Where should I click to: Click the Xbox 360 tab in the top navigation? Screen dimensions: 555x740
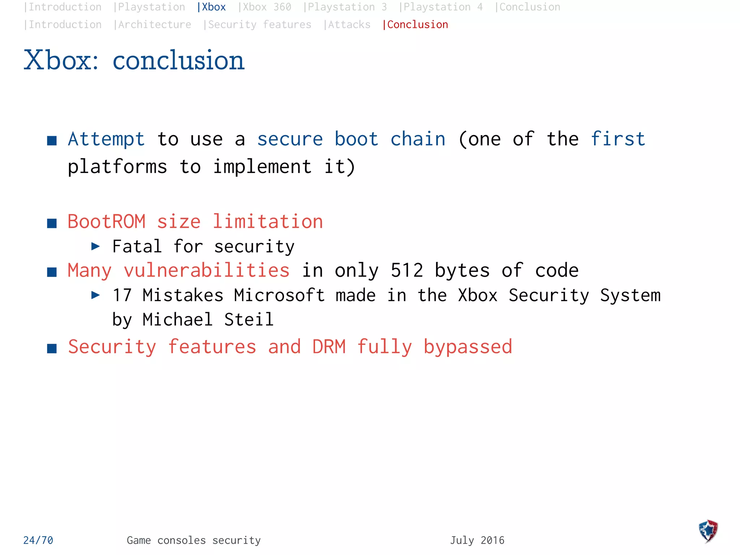click(266, 7)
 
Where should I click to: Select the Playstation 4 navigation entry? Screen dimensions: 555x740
click(442, 7)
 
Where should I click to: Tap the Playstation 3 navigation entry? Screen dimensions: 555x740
click(347, 7)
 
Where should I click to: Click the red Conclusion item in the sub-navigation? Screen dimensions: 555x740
click(417, 25)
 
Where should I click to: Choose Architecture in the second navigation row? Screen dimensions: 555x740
click(154, 25)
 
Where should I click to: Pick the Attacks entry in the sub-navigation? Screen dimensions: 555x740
click(349, 25)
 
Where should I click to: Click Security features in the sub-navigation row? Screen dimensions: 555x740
click(259, 25)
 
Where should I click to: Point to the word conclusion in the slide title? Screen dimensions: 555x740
click(178, 60)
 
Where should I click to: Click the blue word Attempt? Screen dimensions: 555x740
click(106, 139)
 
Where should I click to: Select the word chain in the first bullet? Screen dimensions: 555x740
click(418, 139)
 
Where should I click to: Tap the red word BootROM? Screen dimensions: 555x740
click(107, 221)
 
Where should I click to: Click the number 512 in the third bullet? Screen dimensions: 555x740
click(407, 271)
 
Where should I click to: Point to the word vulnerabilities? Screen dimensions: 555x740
click(207, 271)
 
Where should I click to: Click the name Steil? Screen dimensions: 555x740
click(249, 320)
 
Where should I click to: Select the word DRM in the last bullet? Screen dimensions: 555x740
click(329, 347)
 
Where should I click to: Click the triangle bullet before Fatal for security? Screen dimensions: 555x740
click(95, 246)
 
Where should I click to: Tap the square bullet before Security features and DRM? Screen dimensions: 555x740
click(52, 348)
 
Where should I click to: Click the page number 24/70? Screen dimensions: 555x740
click(38, 540)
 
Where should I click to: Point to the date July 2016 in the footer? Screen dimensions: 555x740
click(477, 540)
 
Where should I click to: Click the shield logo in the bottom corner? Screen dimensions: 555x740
click(708, 531)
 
